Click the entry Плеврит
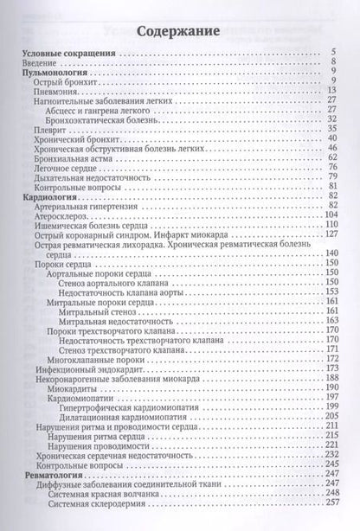[x=48, y=128]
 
